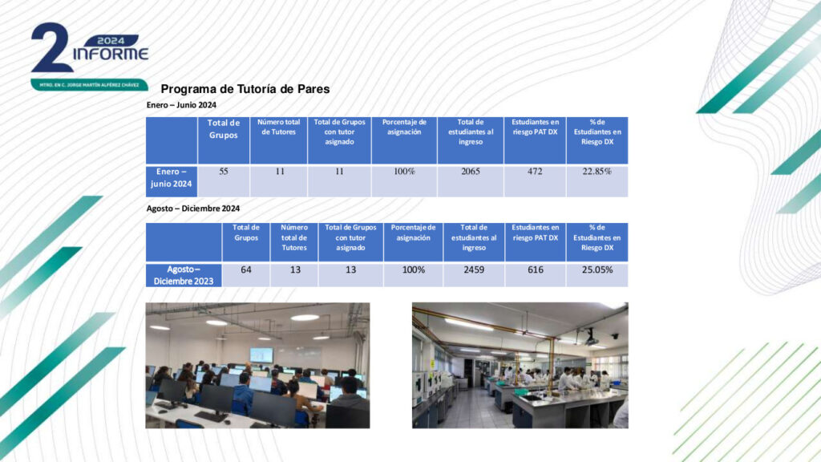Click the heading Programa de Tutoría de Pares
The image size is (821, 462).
coord(245,89)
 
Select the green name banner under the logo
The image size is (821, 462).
coord(89,84)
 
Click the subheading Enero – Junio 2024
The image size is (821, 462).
coord(181,105)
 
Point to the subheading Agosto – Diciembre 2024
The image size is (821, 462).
coord(193,209)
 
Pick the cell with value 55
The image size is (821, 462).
coord(224,180)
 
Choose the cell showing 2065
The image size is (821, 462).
coord(470,180)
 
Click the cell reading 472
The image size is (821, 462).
coord(535,180)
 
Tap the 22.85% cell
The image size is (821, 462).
coord(597,180)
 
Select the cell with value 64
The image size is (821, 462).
coord(246,274)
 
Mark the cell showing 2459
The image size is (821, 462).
coord(474,274)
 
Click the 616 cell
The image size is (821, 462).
coord(535,274)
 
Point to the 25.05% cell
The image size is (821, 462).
coord(597,274)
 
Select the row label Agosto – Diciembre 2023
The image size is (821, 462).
coord(184,275)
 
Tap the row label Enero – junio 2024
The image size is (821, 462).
coord(172,180)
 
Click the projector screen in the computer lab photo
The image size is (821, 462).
coord(261,355)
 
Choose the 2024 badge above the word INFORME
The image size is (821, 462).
coord(111,40)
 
